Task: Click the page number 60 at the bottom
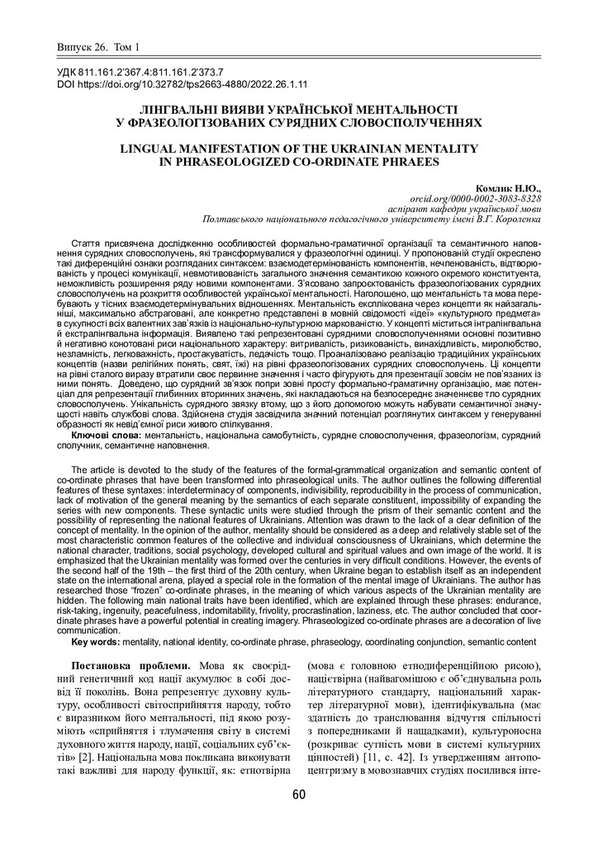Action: [x=298, y=795]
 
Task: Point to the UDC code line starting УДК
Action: [x=140, y=73]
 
